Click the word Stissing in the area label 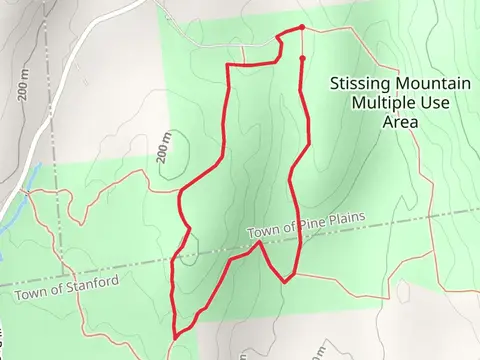coord(356,84)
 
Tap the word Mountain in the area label coord(421,84)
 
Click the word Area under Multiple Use coord(400,122)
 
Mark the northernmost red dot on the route coord(302,27)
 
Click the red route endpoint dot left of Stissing coord(302,58)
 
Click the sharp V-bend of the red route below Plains coord(286,281)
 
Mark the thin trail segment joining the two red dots coord(302,43)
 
